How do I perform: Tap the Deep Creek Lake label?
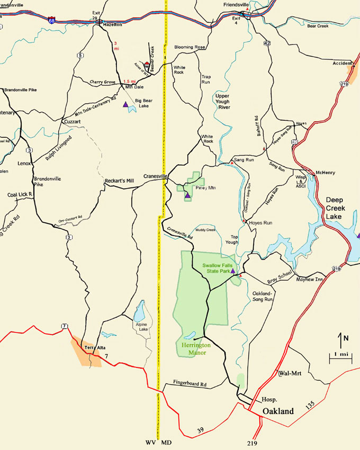click(x=340, y=207)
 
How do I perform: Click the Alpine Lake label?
click(x=140, y=329)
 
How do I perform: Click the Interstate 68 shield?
click(x=51, y=20)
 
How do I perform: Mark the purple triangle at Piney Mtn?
click(x=187, y=196)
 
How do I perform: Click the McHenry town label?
click(x=326, y=173)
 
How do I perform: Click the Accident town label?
click(x=342, y=63)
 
